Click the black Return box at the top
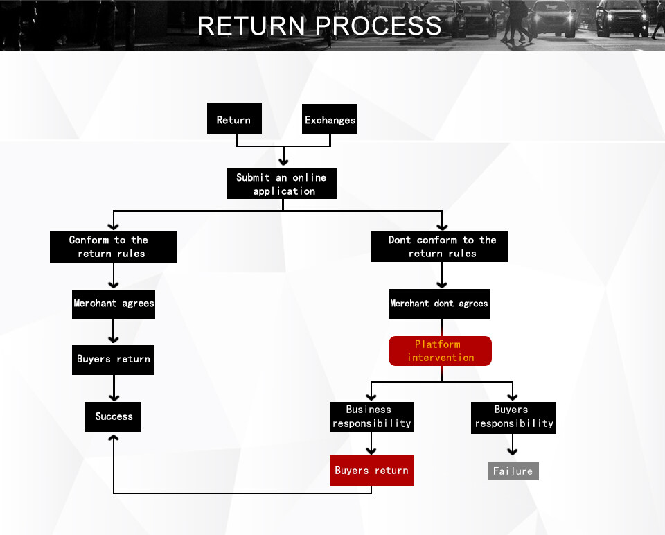click(234, 119)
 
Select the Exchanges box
click(330, 119)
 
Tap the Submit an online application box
click(282, 184)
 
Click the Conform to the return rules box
click(114, 247)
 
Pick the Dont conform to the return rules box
click(439, 247)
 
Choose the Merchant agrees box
click(114, 304)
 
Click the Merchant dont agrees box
click(439, 304)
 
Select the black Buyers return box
click(114, 359)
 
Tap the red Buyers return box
click(371, 471)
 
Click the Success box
click(114, 416)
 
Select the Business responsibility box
click(371, 416)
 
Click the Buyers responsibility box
click(513, 416)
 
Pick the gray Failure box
click(513, 471)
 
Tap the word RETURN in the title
click(251, 26)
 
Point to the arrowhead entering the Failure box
click(513, 452)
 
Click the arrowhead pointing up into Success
click(114, 438)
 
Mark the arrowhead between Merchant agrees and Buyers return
click(114, 339)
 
